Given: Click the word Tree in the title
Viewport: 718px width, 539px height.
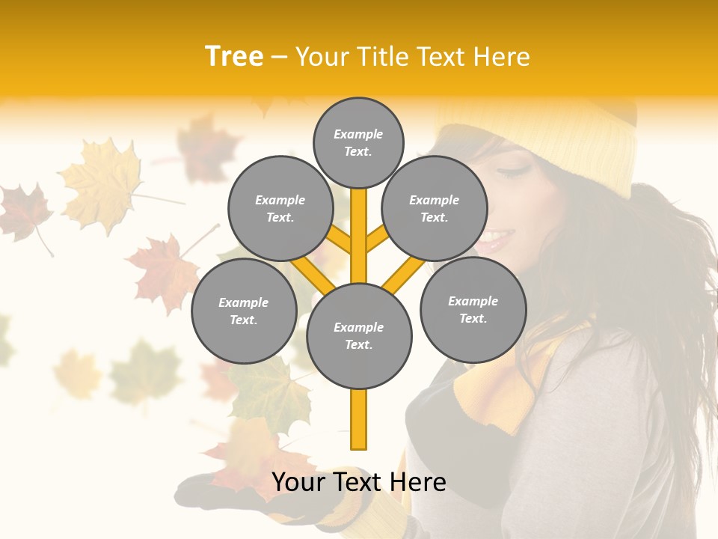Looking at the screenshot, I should click(x=234, y=56).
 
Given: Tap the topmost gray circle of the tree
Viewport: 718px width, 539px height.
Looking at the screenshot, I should click(x=358, y=142).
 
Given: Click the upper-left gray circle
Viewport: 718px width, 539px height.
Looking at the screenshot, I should click(x=280, y=208).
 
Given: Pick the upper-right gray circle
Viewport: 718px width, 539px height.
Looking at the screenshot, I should click(x=434, y=208).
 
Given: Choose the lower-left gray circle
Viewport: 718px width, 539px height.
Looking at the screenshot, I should click(x=243, y=311).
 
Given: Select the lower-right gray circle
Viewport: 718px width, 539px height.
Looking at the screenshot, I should click(x=473, y=309).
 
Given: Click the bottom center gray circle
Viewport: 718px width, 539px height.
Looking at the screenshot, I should click(x=359, y=335).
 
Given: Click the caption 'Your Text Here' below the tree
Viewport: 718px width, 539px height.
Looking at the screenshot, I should click(x=359, y=482).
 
